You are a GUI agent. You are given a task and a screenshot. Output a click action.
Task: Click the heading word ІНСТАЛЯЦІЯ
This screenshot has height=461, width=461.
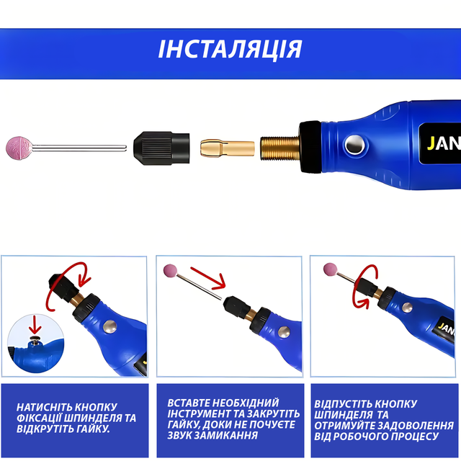tap(230, 49)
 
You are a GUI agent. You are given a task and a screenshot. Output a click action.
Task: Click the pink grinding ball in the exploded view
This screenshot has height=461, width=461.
tap(19, 148)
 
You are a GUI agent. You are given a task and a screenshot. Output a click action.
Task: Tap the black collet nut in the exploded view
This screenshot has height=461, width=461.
tap(161, 148)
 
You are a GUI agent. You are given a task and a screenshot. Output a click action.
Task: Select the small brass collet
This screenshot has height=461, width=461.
tap(228, 148)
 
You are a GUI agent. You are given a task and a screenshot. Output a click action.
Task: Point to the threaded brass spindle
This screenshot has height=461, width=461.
tap(280, 148)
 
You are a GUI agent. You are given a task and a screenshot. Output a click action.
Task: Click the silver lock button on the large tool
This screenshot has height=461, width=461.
tap(355, 145)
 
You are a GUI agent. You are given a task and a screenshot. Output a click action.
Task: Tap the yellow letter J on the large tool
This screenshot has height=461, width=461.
tap(431, 143)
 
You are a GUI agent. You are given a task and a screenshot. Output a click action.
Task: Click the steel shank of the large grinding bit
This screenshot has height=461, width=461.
tap(79, 148)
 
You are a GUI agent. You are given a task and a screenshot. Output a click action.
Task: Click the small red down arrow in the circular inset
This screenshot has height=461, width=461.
tap(35, 325)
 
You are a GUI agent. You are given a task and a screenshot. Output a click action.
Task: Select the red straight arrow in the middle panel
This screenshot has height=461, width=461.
tap(208, 278)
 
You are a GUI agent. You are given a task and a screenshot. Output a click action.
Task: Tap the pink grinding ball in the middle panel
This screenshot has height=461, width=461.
tap(171, 271)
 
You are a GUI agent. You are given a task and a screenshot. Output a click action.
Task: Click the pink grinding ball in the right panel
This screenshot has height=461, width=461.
tap(330, 269)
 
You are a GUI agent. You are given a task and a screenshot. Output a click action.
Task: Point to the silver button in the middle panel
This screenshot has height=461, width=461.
tap(284, 331)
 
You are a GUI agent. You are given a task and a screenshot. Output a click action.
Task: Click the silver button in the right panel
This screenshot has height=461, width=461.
tap(407, 308)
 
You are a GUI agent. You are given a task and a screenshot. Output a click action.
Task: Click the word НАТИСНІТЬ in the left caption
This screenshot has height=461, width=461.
tap(43, 407)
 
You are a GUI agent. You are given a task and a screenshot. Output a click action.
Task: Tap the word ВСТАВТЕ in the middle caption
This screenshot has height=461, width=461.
tap(188, 403)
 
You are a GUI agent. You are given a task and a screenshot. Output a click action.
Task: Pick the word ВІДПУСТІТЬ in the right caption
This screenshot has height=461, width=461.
tap(343, 403)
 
